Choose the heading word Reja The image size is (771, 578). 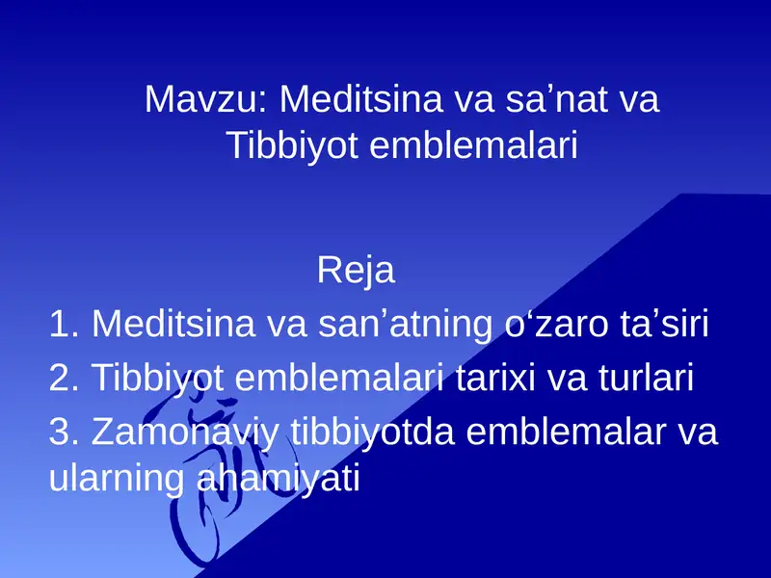click(x=356, y=271)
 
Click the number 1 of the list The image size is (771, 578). click(x=60, y=325)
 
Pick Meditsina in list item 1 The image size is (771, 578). click(x=165, y=325)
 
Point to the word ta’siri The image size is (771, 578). click(x=660, y=325)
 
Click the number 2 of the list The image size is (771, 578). click(x=61, y=378)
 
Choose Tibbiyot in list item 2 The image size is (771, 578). click(x=155, y=378)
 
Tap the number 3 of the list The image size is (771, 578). click(x=61, y=432)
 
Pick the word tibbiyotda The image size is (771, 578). click(x=373, y=432)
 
